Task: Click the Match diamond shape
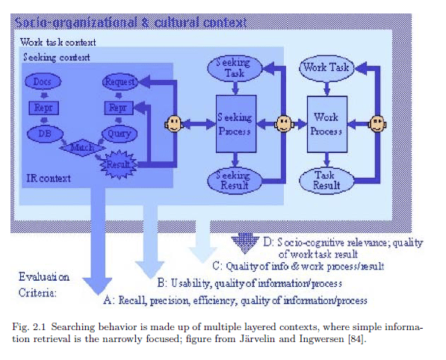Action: point(81,147)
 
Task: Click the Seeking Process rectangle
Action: point(236,122)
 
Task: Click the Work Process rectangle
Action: point(326,122)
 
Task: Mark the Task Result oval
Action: point(326,179)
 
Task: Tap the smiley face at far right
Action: point(380,122)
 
